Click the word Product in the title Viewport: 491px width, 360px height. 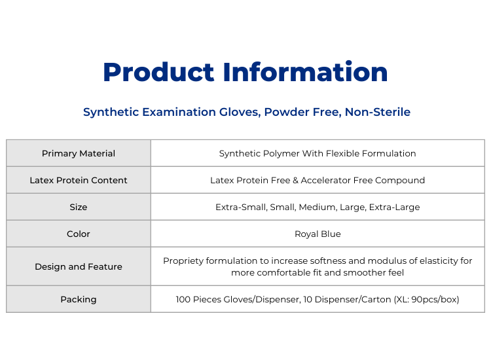point(158,72)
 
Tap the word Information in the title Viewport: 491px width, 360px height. point(305,72)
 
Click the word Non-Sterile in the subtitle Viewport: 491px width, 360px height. point(377,112)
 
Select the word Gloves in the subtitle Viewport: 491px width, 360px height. point(240,113)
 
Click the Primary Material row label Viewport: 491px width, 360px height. point(79,153)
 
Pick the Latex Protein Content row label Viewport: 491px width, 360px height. point(79,180)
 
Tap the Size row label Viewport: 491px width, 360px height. point(79,207)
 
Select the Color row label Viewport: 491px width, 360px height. point(79,234)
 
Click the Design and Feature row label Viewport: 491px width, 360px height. point(79,266)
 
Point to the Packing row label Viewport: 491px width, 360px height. point(79,300)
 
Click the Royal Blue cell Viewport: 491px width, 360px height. point(318,234)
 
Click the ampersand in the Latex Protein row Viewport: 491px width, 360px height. point(295,181)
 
